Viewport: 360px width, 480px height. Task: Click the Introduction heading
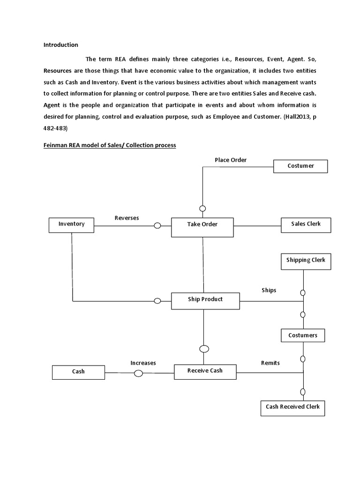(60, 45)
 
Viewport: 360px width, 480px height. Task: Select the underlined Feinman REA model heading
(110, 145)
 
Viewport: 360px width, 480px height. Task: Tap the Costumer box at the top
(300, 166)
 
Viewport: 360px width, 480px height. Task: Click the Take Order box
(202, 225)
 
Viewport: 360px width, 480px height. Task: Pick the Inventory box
(71, 225)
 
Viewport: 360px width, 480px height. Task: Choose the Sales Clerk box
(306, 225)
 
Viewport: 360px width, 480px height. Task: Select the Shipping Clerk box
(306, 261)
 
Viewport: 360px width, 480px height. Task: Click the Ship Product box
(205, 300)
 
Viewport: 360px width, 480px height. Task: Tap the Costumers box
(302, 336)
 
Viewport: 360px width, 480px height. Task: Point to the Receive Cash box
(205, 371)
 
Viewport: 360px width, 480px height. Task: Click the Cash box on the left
(78, 372)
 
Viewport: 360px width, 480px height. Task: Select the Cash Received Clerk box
(292, 407)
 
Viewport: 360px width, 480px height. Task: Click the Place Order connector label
(231, 160)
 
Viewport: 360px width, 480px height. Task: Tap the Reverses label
(127, 218)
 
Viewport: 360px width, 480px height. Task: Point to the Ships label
(269, 290)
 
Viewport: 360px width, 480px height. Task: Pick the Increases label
(143, 363)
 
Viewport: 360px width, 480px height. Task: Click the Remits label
(270, 363)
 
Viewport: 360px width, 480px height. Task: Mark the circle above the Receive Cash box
(204, 349)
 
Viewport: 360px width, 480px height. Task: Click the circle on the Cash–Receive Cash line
(138, 374)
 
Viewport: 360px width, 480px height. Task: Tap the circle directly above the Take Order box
(202, 209)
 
